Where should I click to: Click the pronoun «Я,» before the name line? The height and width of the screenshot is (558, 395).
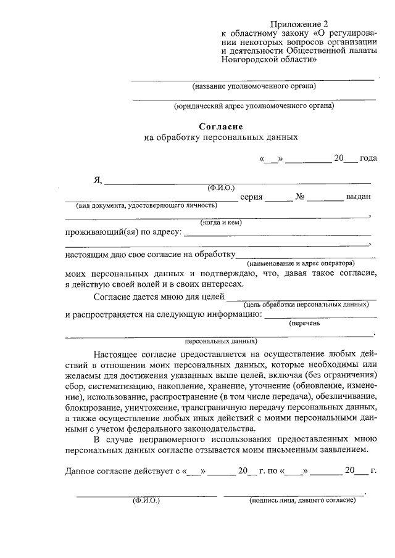(97, 180)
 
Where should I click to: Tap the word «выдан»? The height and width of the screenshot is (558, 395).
(359, 197)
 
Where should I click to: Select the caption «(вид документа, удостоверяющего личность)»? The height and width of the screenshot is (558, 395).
(146, 205)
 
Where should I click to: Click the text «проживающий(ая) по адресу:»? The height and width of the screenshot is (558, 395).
(123, 232)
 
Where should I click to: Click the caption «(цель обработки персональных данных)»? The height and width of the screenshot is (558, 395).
(307, 305)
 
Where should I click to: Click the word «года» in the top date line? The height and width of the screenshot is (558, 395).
(368, 158)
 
